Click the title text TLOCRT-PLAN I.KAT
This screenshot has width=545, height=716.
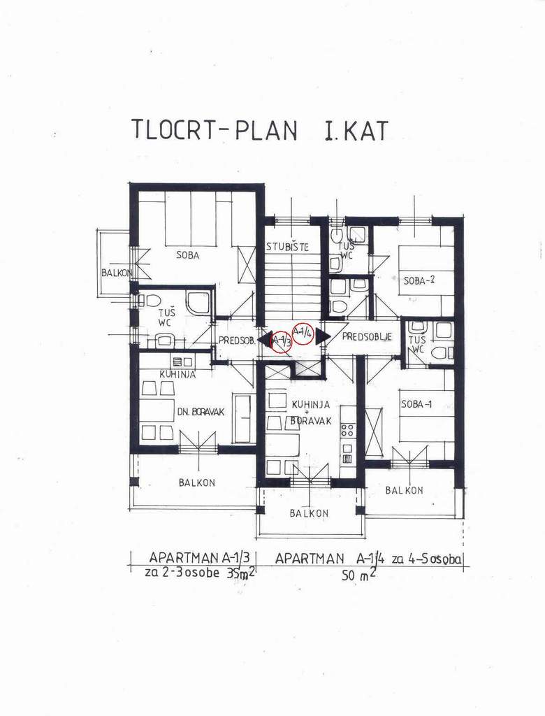260,130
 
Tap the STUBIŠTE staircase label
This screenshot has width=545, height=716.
288,247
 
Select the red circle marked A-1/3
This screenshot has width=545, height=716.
281,341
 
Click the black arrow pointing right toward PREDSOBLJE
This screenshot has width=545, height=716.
323,336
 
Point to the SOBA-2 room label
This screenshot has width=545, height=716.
419,280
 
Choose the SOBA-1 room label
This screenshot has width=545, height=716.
416,404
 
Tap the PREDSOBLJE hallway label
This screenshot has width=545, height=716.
367,337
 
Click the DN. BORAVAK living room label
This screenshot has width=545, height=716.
201,412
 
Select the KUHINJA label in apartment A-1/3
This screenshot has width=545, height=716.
177,374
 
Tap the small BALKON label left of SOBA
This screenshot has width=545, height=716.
117,273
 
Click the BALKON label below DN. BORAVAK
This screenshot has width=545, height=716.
197,482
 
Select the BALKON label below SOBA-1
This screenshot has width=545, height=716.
404,490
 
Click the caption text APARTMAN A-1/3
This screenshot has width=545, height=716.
199,557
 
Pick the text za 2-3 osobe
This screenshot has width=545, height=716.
182,573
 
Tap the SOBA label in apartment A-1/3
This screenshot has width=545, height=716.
187,255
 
